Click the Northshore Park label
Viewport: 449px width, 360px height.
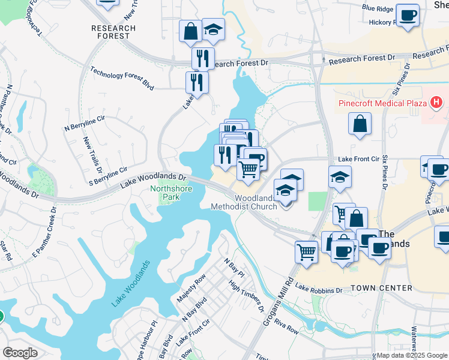click(x=164, y=192)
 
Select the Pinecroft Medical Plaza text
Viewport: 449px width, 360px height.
click(x=381, y=102)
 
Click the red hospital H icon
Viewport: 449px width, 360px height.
click(x=436, y=103)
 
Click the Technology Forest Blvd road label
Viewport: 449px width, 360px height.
click(x=122, y=77)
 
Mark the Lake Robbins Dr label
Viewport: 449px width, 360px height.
click(x=318, y=290)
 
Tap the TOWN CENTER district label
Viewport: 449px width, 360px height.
click(x=381, y=288)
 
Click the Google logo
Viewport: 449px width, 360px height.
click(x=20, y=353)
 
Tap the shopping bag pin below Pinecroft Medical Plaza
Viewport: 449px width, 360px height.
click(x=360, y=124)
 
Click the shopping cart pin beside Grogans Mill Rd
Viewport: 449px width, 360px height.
click(x=306, y=251)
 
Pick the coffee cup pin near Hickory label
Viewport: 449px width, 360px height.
click(x=408, y=15)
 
